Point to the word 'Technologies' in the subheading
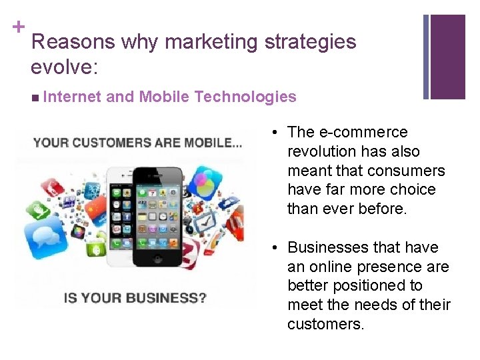click(x=245, y=97)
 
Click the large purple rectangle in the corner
click(x=448, y=57)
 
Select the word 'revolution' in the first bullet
click(x=321, y=151)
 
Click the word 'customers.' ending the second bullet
click(x=325, y=324)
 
